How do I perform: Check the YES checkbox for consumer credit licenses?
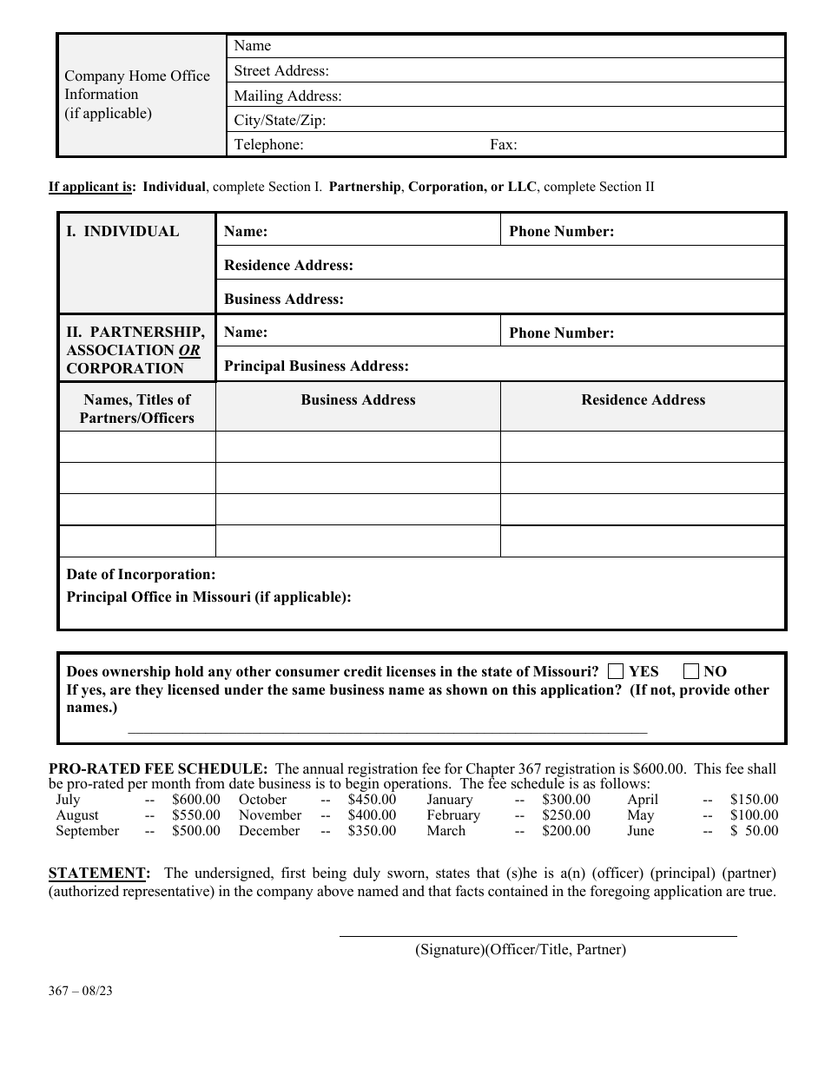[x=616, y=671]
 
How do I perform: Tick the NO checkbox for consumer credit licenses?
[x=691, y=671]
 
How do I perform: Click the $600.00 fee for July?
[x=196, y=800]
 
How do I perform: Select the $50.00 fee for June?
[x=754, y=831]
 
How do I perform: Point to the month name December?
[x=269, y=831]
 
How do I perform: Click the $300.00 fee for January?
[x=566, y=800]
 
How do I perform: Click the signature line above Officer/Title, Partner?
[x=538, y=935]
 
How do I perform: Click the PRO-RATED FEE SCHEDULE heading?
[x=158, y=768]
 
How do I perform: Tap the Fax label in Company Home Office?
[x=503, y=145]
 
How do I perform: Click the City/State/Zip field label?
[x=280, y=121]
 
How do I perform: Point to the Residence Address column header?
[x=643, y=400]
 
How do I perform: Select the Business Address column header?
[x=358, y=400]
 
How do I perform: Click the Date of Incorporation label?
[x=141, y=575]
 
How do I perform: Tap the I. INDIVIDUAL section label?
[x=122, y=232]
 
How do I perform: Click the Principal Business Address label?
[x=316, y=366]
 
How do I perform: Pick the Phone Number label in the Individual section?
[x=561, y=232]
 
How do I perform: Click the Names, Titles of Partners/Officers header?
[x=136, y=409]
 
